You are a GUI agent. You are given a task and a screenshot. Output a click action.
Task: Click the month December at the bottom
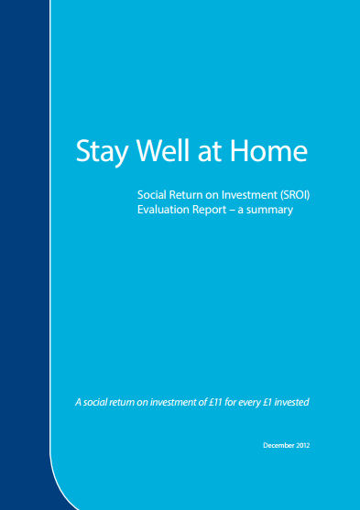280,445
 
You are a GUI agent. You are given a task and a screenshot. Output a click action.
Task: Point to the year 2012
311,445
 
